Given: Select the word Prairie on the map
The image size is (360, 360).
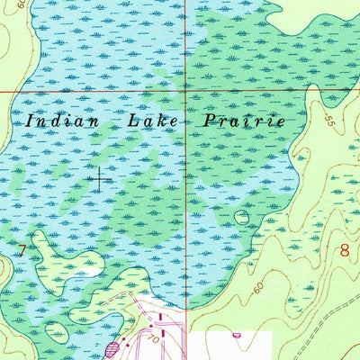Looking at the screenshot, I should (x=243, y=120).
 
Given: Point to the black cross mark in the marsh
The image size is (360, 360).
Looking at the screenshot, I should (x=98, y=177).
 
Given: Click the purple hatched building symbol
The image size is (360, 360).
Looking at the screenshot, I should (x=112, y=347).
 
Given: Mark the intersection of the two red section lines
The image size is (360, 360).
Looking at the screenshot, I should (x=186, y=91).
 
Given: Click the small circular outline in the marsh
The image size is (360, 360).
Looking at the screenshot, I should (x=241, y=217).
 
